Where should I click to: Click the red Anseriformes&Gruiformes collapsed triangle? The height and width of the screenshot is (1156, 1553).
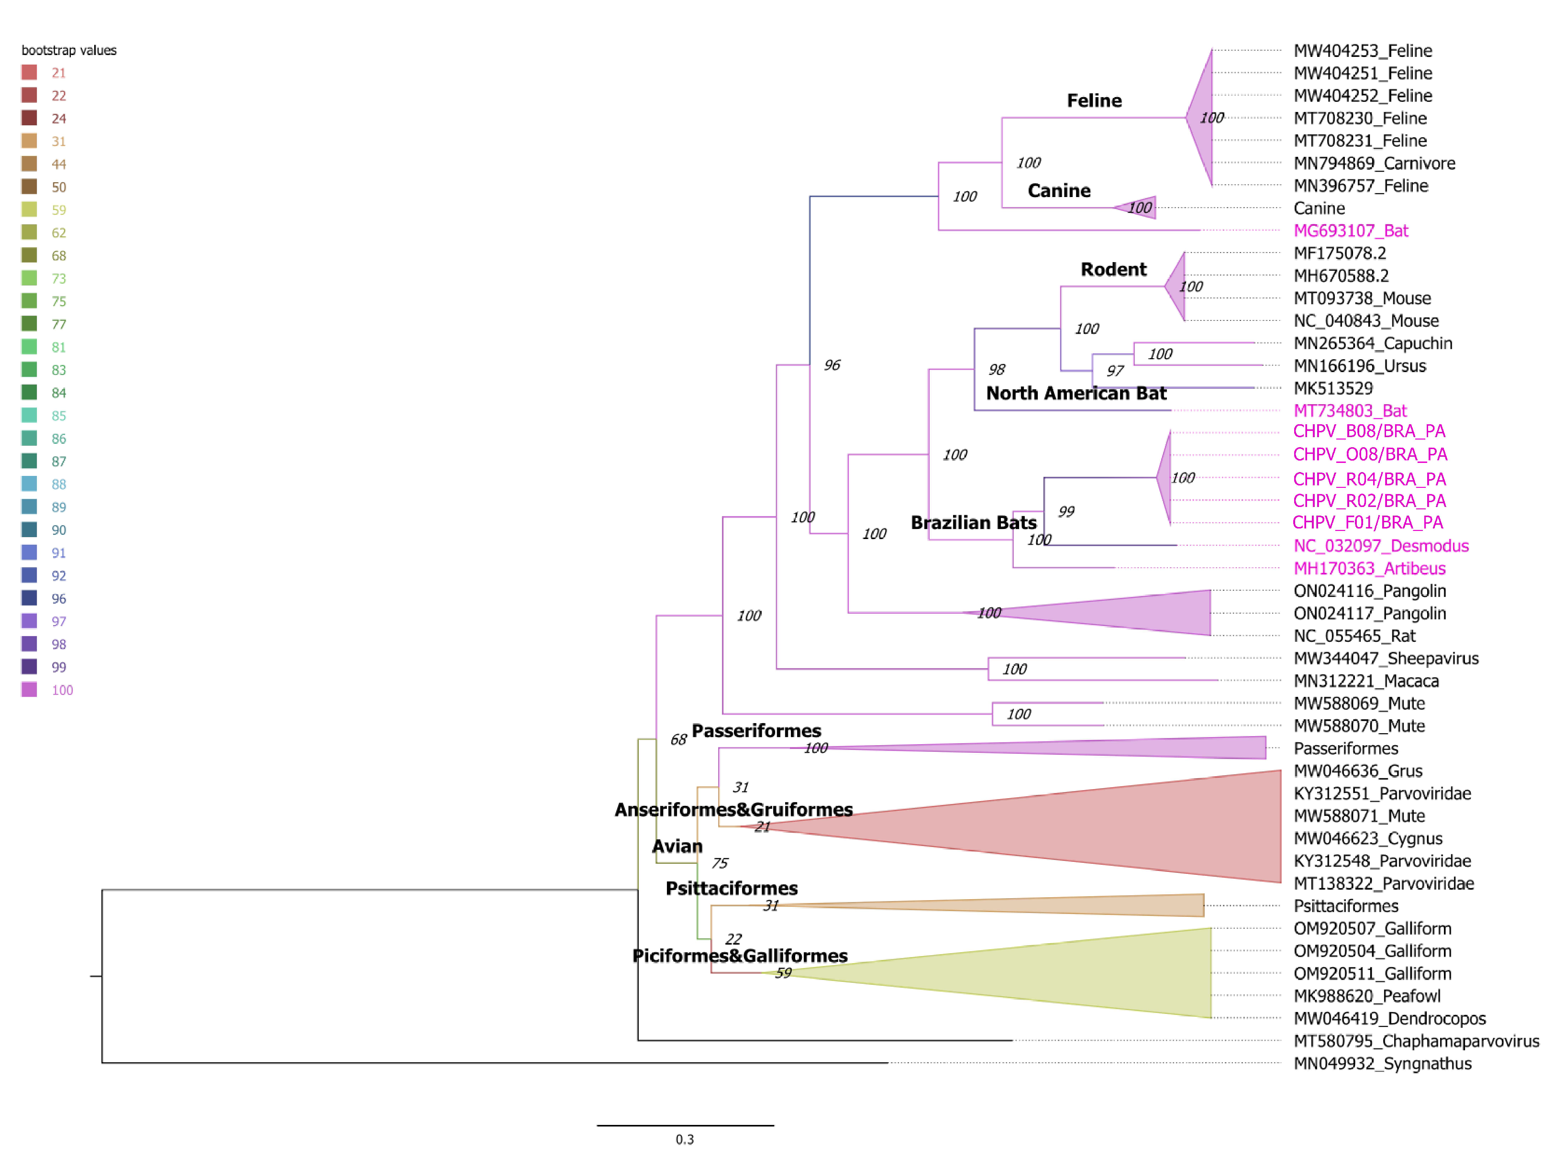click(1120, 826)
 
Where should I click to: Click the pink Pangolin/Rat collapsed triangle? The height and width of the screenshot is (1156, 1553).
click(1134, 613)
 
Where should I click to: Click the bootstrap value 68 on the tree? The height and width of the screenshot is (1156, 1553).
click(678, 739)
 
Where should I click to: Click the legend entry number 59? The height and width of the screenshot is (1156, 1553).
click(59, 210)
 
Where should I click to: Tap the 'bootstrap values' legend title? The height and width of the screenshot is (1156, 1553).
click(68, 50)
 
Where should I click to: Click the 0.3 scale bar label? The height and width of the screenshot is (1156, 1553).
click(685, 1139)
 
